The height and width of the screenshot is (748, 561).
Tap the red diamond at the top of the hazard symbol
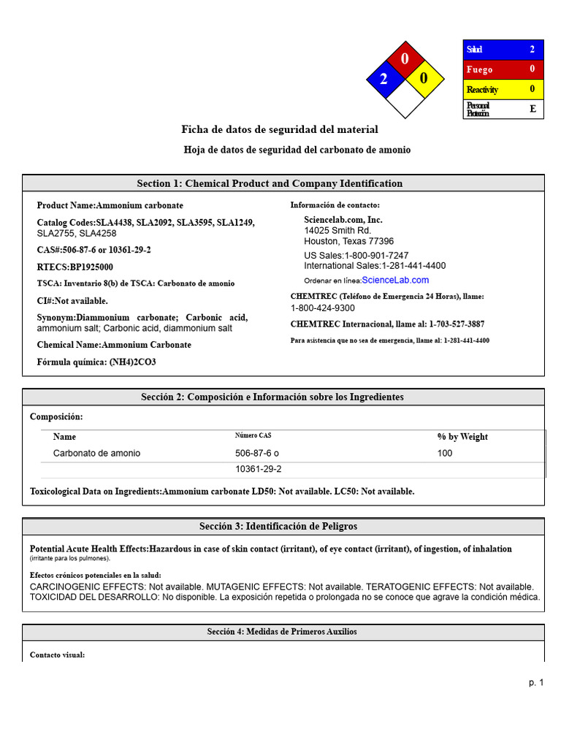(x=405, y=58)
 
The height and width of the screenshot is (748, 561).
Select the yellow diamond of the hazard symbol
(x=424, y=78)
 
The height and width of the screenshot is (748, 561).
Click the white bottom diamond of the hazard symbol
(x=405, y=101)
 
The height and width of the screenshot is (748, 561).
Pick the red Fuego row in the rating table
(x=503, y=69)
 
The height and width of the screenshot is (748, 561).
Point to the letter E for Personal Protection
(x=533, y=110)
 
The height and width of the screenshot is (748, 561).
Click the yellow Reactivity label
(x=482, y=89)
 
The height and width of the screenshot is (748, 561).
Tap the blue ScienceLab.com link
(x=395, y=280)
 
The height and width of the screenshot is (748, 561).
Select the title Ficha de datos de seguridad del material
(x=280, y=129)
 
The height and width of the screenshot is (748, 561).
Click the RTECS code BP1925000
(x=75, y=267)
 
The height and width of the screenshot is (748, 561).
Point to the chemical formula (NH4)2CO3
(x=96, y=362)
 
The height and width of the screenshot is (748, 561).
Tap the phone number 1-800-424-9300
(x=322, y=308)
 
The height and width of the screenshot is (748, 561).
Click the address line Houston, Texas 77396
(x=348, y=241)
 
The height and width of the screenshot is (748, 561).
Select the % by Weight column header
(x=462, y=437)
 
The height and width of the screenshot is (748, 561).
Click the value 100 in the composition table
(x=445, y=454)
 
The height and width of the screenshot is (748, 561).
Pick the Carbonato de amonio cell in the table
(x=96, y=454)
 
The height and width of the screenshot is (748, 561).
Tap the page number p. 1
(x=536, y=682)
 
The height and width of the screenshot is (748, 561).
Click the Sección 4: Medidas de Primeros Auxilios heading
(x=283, y=632)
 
